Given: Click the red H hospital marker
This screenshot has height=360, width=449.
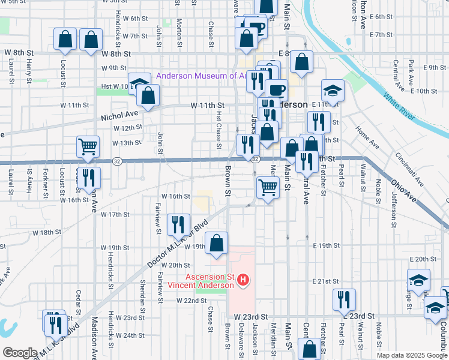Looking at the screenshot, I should [x=243, y=280].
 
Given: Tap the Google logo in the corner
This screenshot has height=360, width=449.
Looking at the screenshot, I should [x=19, y=353].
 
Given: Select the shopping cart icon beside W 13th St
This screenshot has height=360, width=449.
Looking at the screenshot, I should [x=88, y=146].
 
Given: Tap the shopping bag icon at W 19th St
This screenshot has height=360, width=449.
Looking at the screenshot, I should [x=216, y=242].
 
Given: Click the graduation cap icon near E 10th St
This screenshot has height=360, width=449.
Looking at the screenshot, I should [x=333, y=90].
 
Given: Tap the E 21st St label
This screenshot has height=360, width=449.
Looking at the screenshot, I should [x=326, y=281].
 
